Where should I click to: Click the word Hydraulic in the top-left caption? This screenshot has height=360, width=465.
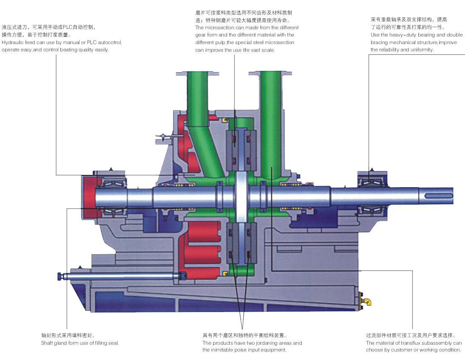tap(11, 42)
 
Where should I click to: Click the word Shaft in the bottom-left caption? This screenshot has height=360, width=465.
tap(47, 343)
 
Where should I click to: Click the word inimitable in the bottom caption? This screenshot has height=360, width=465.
tap(224, 350)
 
